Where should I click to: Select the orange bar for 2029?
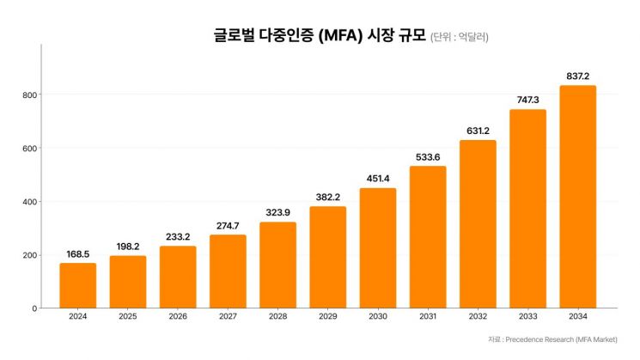(x=327, y=257)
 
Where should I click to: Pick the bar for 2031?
(x=427, y=236)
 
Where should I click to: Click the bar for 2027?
(x=228, y=271)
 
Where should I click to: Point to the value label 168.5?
(x=77, y=254)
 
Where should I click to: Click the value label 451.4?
(x=377, y=179)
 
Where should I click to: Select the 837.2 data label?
(x=577, y=76)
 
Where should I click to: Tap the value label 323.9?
(x=277, y=213)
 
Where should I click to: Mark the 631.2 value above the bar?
(x=477, y=131)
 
